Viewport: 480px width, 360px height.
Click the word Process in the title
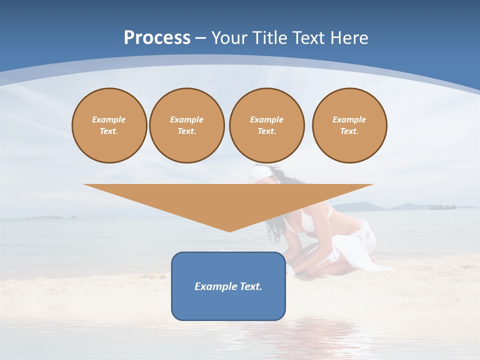click(x=157, y=38)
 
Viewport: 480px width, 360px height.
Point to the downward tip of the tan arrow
click(x=229, y=231)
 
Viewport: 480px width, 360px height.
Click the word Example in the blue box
click(x=211, y=286)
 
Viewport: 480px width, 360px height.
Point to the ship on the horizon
click(x=443, y=206)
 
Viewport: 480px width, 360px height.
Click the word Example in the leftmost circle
click(x=109, y=119)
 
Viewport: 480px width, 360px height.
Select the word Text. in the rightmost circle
click(x=349, y=131)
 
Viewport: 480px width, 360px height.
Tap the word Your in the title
click(x=228, y=38)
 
